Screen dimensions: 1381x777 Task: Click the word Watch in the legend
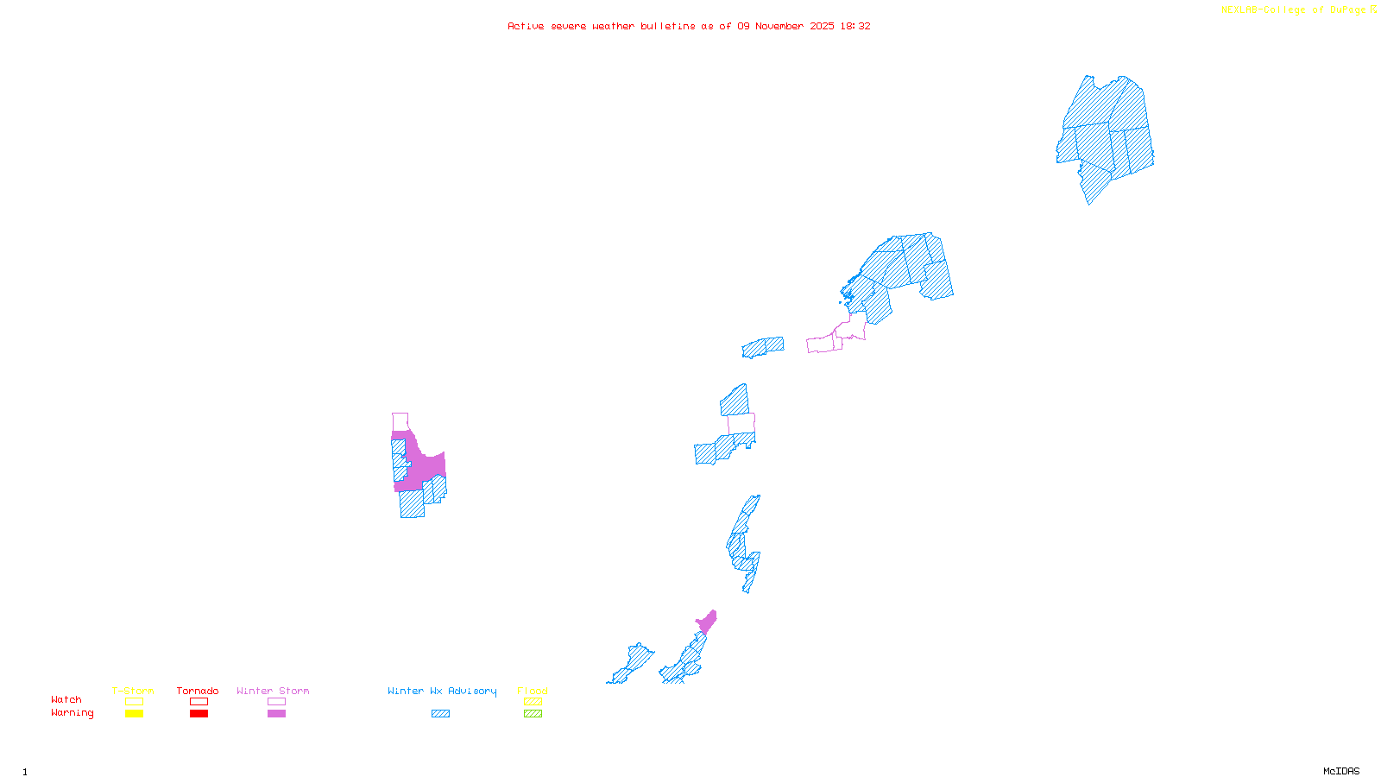66,699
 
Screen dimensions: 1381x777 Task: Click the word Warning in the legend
73,713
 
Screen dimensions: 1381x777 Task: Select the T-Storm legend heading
133,691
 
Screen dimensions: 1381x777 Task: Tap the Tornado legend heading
198,691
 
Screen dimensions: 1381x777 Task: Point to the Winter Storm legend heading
273,691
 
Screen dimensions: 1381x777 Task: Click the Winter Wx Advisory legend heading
442,691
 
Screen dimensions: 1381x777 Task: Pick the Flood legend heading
533,691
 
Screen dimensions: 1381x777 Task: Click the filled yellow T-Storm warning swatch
134,714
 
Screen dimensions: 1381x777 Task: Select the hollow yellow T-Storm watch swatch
134,702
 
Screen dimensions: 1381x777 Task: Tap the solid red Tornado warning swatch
199,714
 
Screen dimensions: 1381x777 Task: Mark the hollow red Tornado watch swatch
199,702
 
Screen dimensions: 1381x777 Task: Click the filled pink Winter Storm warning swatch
276,714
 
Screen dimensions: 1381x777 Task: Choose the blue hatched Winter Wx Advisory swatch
440,714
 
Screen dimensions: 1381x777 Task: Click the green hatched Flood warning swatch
533,714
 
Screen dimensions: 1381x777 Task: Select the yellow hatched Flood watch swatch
533,702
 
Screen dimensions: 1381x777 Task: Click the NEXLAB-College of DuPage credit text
1294,10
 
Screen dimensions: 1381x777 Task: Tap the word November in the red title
779,26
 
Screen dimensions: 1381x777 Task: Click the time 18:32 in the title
854,26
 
